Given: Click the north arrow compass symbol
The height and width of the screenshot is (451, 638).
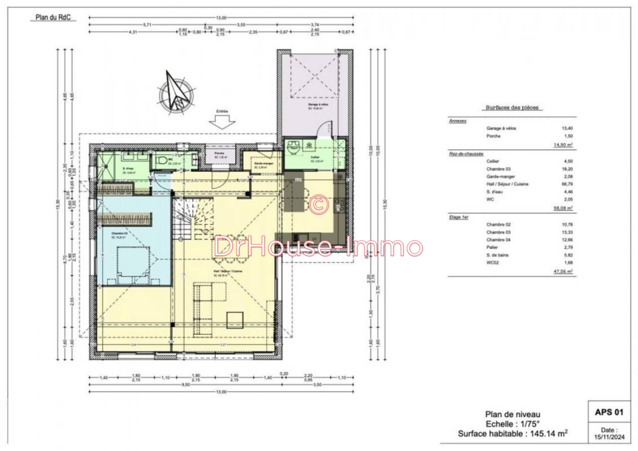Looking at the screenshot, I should pos(176,92).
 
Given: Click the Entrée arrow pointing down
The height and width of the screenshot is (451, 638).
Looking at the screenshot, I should pos(222,121).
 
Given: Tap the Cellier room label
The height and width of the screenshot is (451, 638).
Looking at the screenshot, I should pos(315,158).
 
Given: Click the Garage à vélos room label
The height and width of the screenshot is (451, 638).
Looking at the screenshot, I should pos(318,105).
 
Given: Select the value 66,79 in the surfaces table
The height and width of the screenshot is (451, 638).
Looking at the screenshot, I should pos(567,184).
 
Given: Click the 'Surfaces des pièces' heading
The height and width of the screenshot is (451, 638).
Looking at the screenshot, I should pos(512,108).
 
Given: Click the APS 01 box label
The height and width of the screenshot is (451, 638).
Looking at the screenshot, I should pos(609,412).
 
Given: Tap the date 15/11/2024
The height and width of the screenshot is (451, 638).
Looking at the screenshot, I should pos(609,437).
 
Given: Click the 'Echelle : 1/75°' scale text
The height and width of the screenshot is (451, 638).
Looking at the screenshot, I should pos(513,424).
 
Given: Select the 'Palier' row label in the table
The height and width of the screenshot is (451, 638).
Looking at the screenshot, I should pos(492,247).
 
